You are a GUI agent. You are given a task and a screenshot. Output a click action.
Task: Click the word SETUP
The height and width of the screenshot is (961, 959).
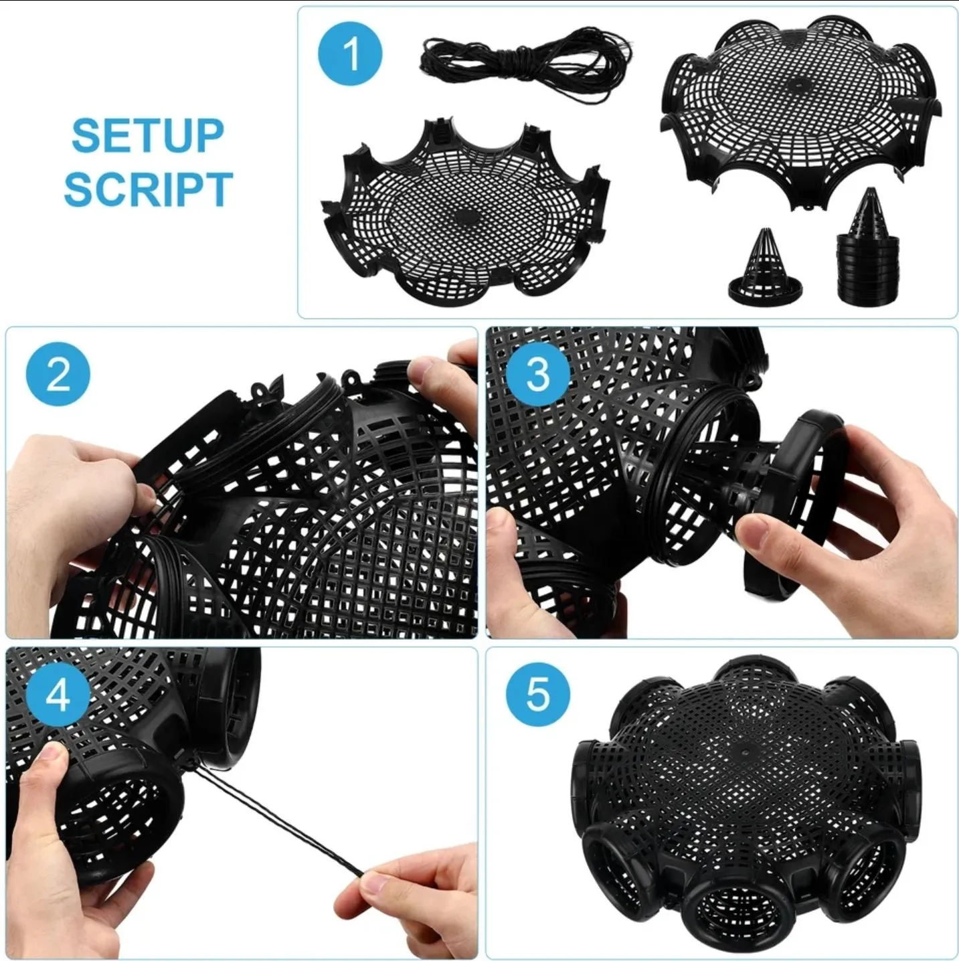click(148, 135)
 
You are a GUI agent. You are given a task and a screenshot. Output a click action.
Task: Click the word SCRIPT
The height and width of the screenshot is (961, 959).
click(149, 189)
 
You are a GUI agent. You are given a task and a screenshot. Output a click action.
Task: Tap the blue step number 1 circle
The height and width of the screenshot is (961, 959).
click(350, 54)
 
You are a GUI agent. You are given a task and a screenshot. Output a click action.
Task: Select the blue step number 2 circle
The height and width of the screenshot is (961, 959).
click(58, 374)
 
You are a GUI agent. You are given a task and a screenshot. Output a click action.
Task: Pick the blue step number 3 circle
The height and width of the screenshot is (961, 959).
click(538, 374)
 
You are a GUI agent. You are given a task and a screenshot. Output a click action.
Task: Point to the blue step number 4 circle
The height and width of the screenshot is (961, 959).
click(58, 696)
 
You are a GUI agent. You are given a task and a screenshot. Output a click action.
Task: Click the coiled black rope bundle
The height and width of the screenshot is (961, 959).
click(523, 62)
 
